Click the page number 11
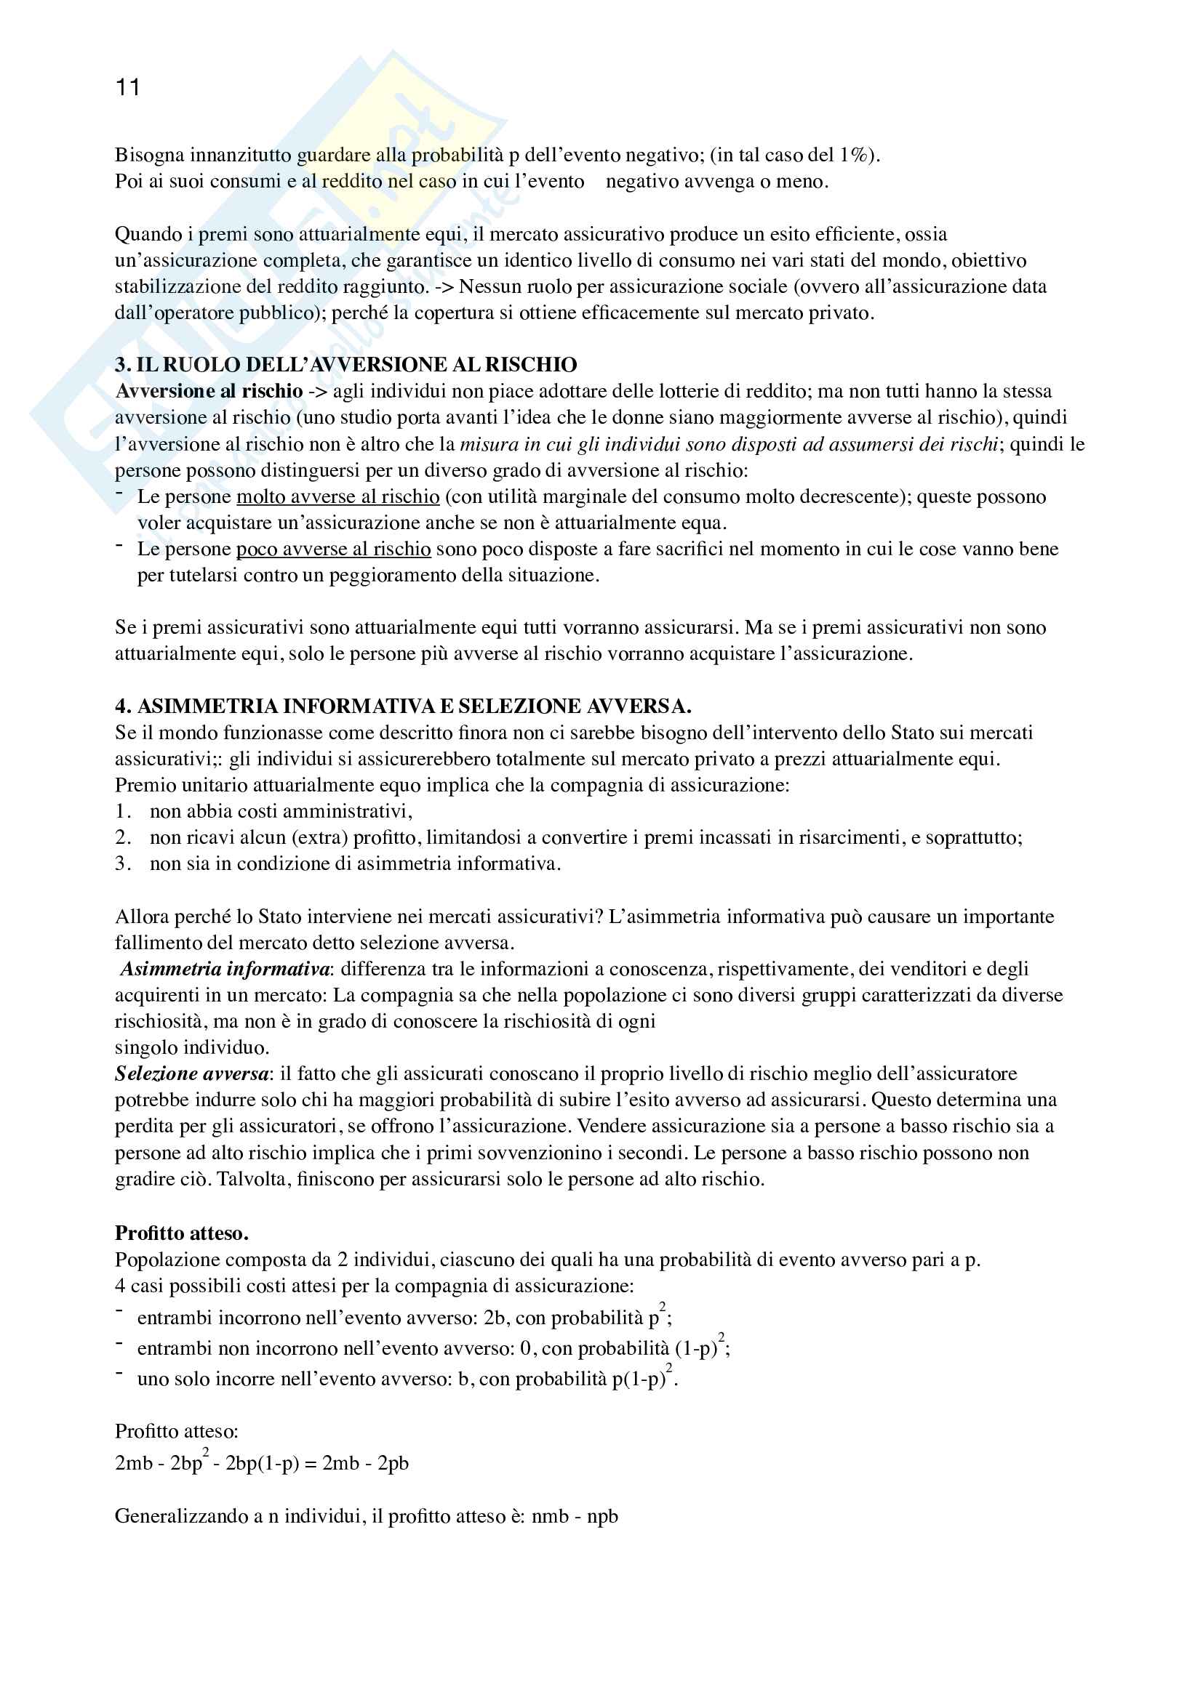click(127, 88)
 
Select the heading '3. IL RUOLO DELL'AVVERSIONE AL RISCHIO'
click(346, 364)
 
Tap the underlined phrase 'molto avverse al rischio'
click(337, 497)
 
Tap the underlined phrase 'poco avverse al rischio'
click(333, 549)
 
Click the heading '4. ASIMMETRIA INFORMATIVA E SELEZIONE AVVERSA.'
click(403, 706)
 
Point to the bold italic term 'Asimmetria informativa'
click(225, 970)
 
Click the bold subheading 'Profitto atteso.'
click(182, 1233)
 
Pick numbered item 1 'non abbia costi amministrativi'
click(280, 812)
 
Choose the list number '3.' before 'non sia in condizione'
click(123, 864)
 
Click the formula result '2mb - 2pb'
click(365, 1464)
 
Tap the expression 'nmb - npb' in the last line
click(574, 1516)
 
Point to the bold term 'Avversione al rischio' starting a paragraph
click(209, 391)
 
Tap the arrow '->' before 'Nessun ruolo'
click(444, 286)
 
